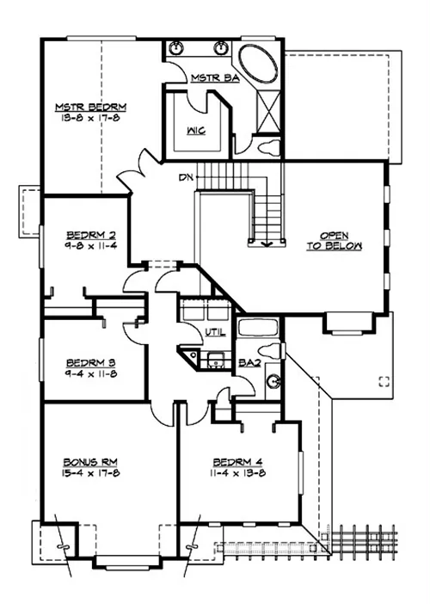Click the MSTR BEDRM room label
(91, 107)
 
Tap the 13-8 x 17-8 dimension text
(91, 118)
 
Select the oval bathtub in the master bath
(257, 64)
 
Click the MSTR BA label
(215, 77)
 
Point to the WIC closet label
(196, 131)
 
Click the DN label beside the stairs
(186, 177)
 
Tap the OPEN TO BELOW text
(335, 241)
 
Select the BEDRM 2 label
(91, 235)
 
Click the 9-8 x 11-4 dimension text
(91, 245)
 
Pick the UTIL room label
(215, 332)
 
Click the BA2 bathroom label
(250, 362)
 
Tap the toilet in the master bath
(268, 147)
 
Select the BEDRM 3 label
(91, 362)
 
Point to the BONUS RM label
(90, 462)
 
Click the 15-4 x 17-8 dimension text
(90, 472)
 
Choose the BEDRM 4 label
(238, 462)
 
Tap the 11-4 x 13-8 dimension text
(238, 472)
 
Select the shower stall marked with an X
(268, 112)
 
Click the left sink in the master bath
(176, 48)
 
